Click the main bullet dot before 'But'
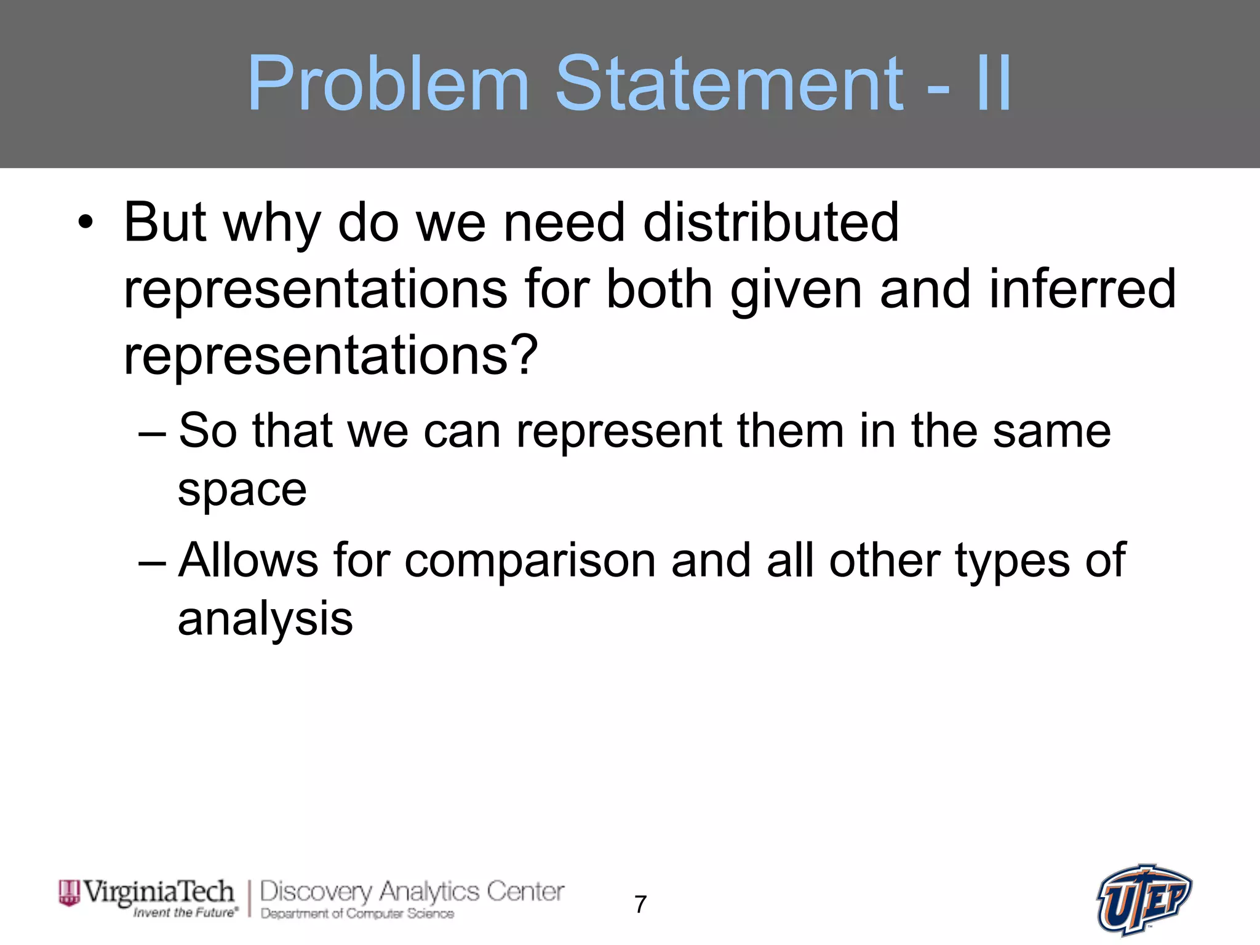(x=86, y=223)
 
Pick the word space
(x=242, y=491)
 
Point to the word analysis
(x=265, y=619)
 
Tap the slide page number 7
(x=640, y=904)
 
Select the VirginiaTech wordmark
(x=158, y=891)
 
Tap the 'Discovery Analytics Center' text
(x=412, y=891)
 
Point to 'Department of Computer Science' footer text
(x=357, y=914)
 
